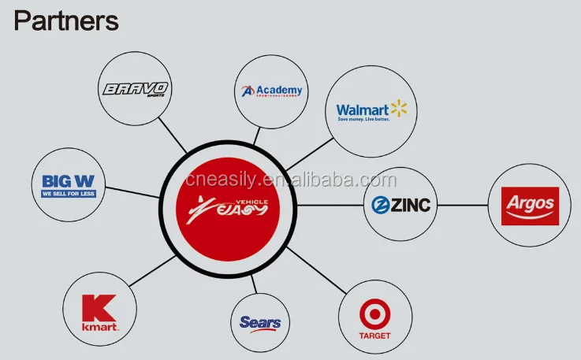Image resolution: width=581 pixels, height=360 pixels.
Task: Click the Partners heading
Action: [66, 20]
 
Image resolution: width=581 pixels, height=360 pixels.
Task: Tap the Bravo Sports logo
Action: [136, 89]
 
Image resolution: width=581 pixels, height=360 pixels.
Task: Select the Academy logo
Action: [272, 91]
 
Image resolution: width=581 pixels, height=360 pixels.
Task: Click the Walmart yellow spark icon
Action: [399, 109]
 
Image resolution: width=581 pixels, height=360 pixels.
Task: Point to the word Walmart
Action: [362, 110]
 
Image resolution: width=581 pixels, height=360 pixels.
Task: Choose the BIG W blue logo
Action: [68, 186]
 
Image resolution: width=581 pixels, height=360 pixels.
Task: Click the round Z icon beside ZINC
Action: [382, 205]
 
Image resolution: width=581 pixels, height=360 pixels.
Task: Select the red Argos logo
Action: [530, 206]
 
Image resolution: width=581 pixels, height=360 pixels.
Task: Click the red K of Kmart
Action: [100, 307]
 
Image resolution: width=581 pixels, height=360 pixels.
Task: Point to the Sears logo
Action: [260, 323]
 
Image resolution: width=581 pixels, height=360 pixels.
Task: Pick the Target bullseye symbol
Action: [374, 315]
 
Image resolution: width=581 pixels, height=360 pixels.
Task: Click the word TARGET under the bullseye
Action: [374, 335]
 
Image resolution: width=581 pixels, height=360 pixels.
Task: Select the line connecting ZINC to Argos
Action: [463, 205]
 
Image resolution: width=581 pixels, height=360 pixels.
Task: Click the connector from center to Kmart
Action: [146, 269]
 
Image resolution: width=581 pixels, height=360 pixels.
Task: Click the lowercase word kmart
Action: [100, 326]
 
